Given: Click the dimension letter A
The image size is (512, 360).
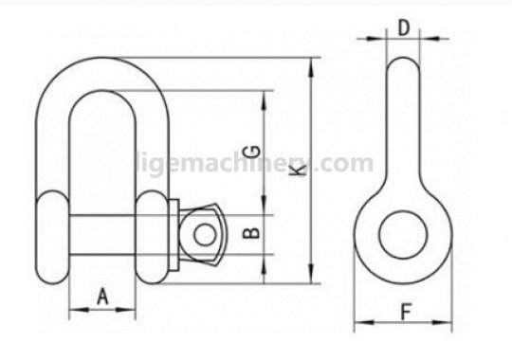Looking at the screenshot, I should coord(102,297).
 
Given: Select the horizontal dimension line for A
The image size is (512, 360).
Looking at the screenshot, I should coord(102,310).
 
